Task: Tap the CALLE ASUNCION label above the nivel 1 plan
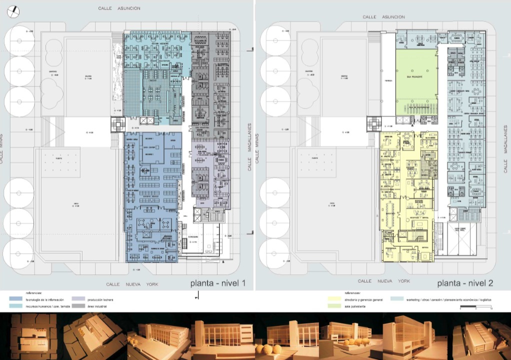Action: (119, 8)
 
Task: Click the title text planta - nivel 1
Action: (217, 283)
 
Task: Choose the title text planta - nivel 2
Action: (465, 283)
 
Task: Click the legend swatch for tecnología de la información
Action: (16, 299)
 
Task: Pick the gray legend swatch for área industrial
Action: (78, 306)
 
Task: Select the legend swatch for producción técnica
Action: (78, 299)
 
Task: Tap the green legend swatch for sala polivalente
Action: (334, 305)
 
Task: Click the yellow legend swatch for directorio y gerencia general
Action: (334, 298)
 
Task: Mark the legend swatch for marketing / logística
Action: (397, 298)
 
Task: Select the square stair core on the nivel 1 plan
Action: (118, 124)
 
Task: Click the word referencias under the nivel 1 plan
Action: (32, 293)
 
